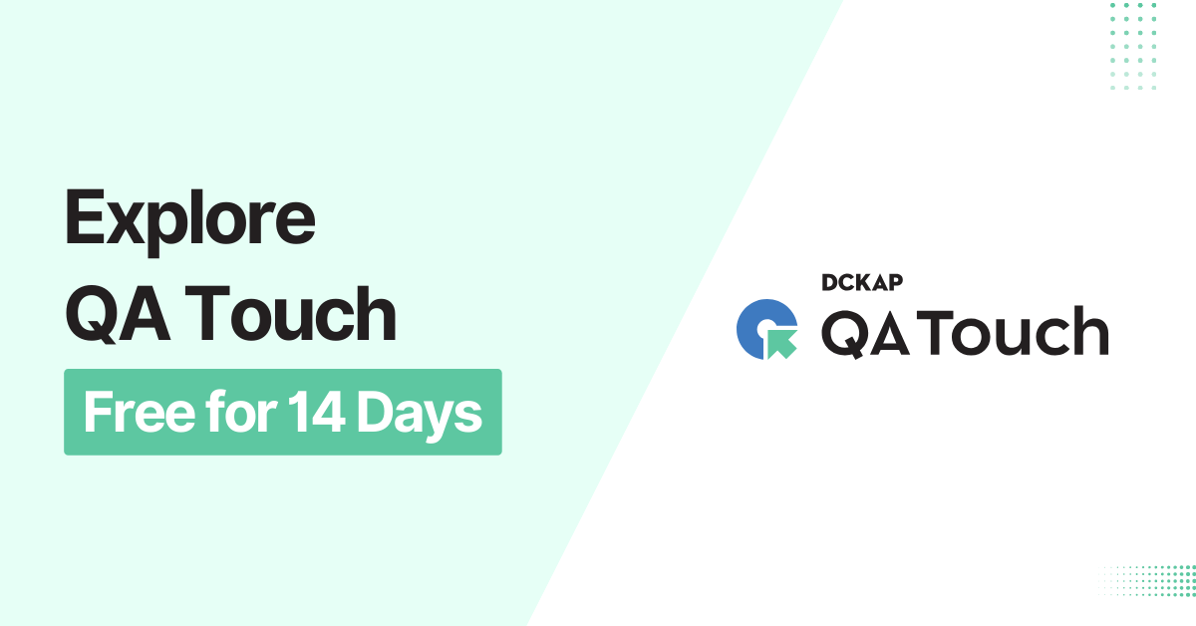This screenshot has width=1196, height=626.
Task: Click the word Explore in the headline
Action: tap(189, 222)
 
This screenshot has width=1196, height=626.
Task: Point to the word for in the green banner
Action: tap(235, 412)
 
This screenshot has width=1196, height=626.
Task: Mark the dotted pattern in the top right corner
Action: tap(1133, 46)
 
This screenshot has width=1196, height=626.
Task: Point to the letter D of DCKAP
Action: tap(830, 283)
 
